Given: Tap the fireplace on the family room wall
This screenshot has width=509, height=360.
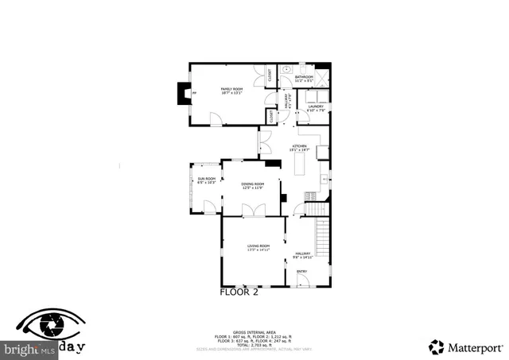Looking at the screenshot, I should [x=186, y=94].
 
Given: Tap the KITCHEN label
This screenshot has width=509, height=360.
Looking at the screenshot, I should [x=299, y=147].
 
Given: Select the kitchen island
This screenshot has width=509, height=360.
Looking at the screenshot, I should [x=301, y=165].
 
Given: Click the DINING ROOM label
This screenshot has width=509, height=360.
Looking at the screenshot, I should [x=253, y=185].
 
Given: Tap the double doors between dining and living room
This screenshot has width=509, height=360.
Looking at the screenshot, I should [x=253, y=210].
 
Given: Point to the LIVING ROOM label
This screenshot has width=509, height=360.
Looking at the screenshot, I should [x=258, y=247].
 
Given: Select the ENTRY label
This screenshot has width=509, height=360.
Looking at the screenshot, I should [x=301, y=272].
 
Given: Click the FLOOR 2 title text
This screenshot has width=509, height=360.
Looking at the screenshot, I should [x=239, y=292].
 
